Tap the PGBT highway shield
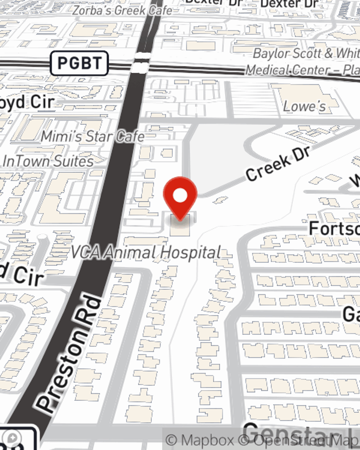point(79,63)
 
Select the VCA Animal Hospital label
point(146,252)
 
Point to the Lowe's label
point(304,107)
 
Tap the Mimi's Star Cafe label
point(93,137)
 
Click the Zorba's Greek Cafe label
point(122,10)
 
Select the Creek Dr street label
point(278,164)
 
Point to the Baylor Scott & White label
point(306,54)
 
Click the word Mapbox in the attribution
point(207,440)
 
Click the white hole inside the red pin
point(180,195)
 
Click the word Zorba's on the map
point(92,10)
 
